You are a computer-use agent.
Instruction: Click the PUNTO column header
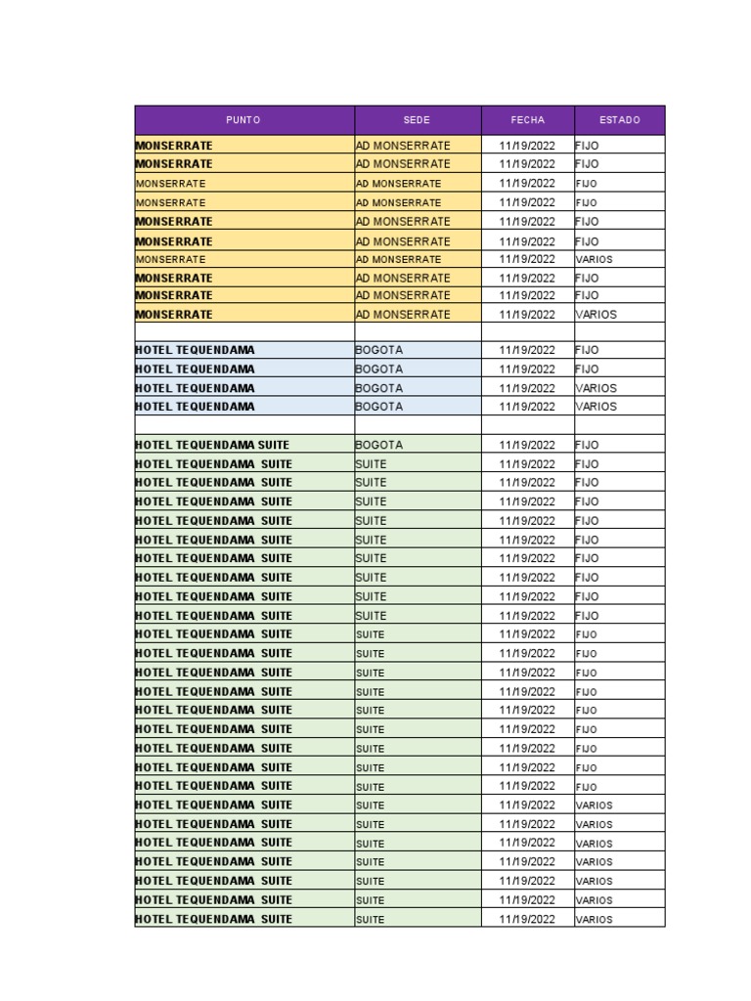click(243, 120)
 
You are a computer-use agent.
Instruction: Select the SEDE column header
click(417, 120)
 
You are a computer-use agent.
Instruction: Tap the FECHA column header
click(527, 120)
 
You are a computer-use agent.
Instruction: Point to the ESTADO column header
click(619, 120)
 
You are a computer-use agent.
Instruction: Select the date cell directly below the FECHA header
click(527, 145)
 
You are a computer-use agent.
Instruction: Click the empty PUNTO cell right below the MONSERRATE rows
click(244, 332)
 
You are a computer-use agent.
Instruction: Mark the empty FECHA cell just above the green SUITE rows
click(527, 425)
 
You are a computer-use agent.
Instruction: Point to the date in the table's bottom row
click(527, 919)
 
